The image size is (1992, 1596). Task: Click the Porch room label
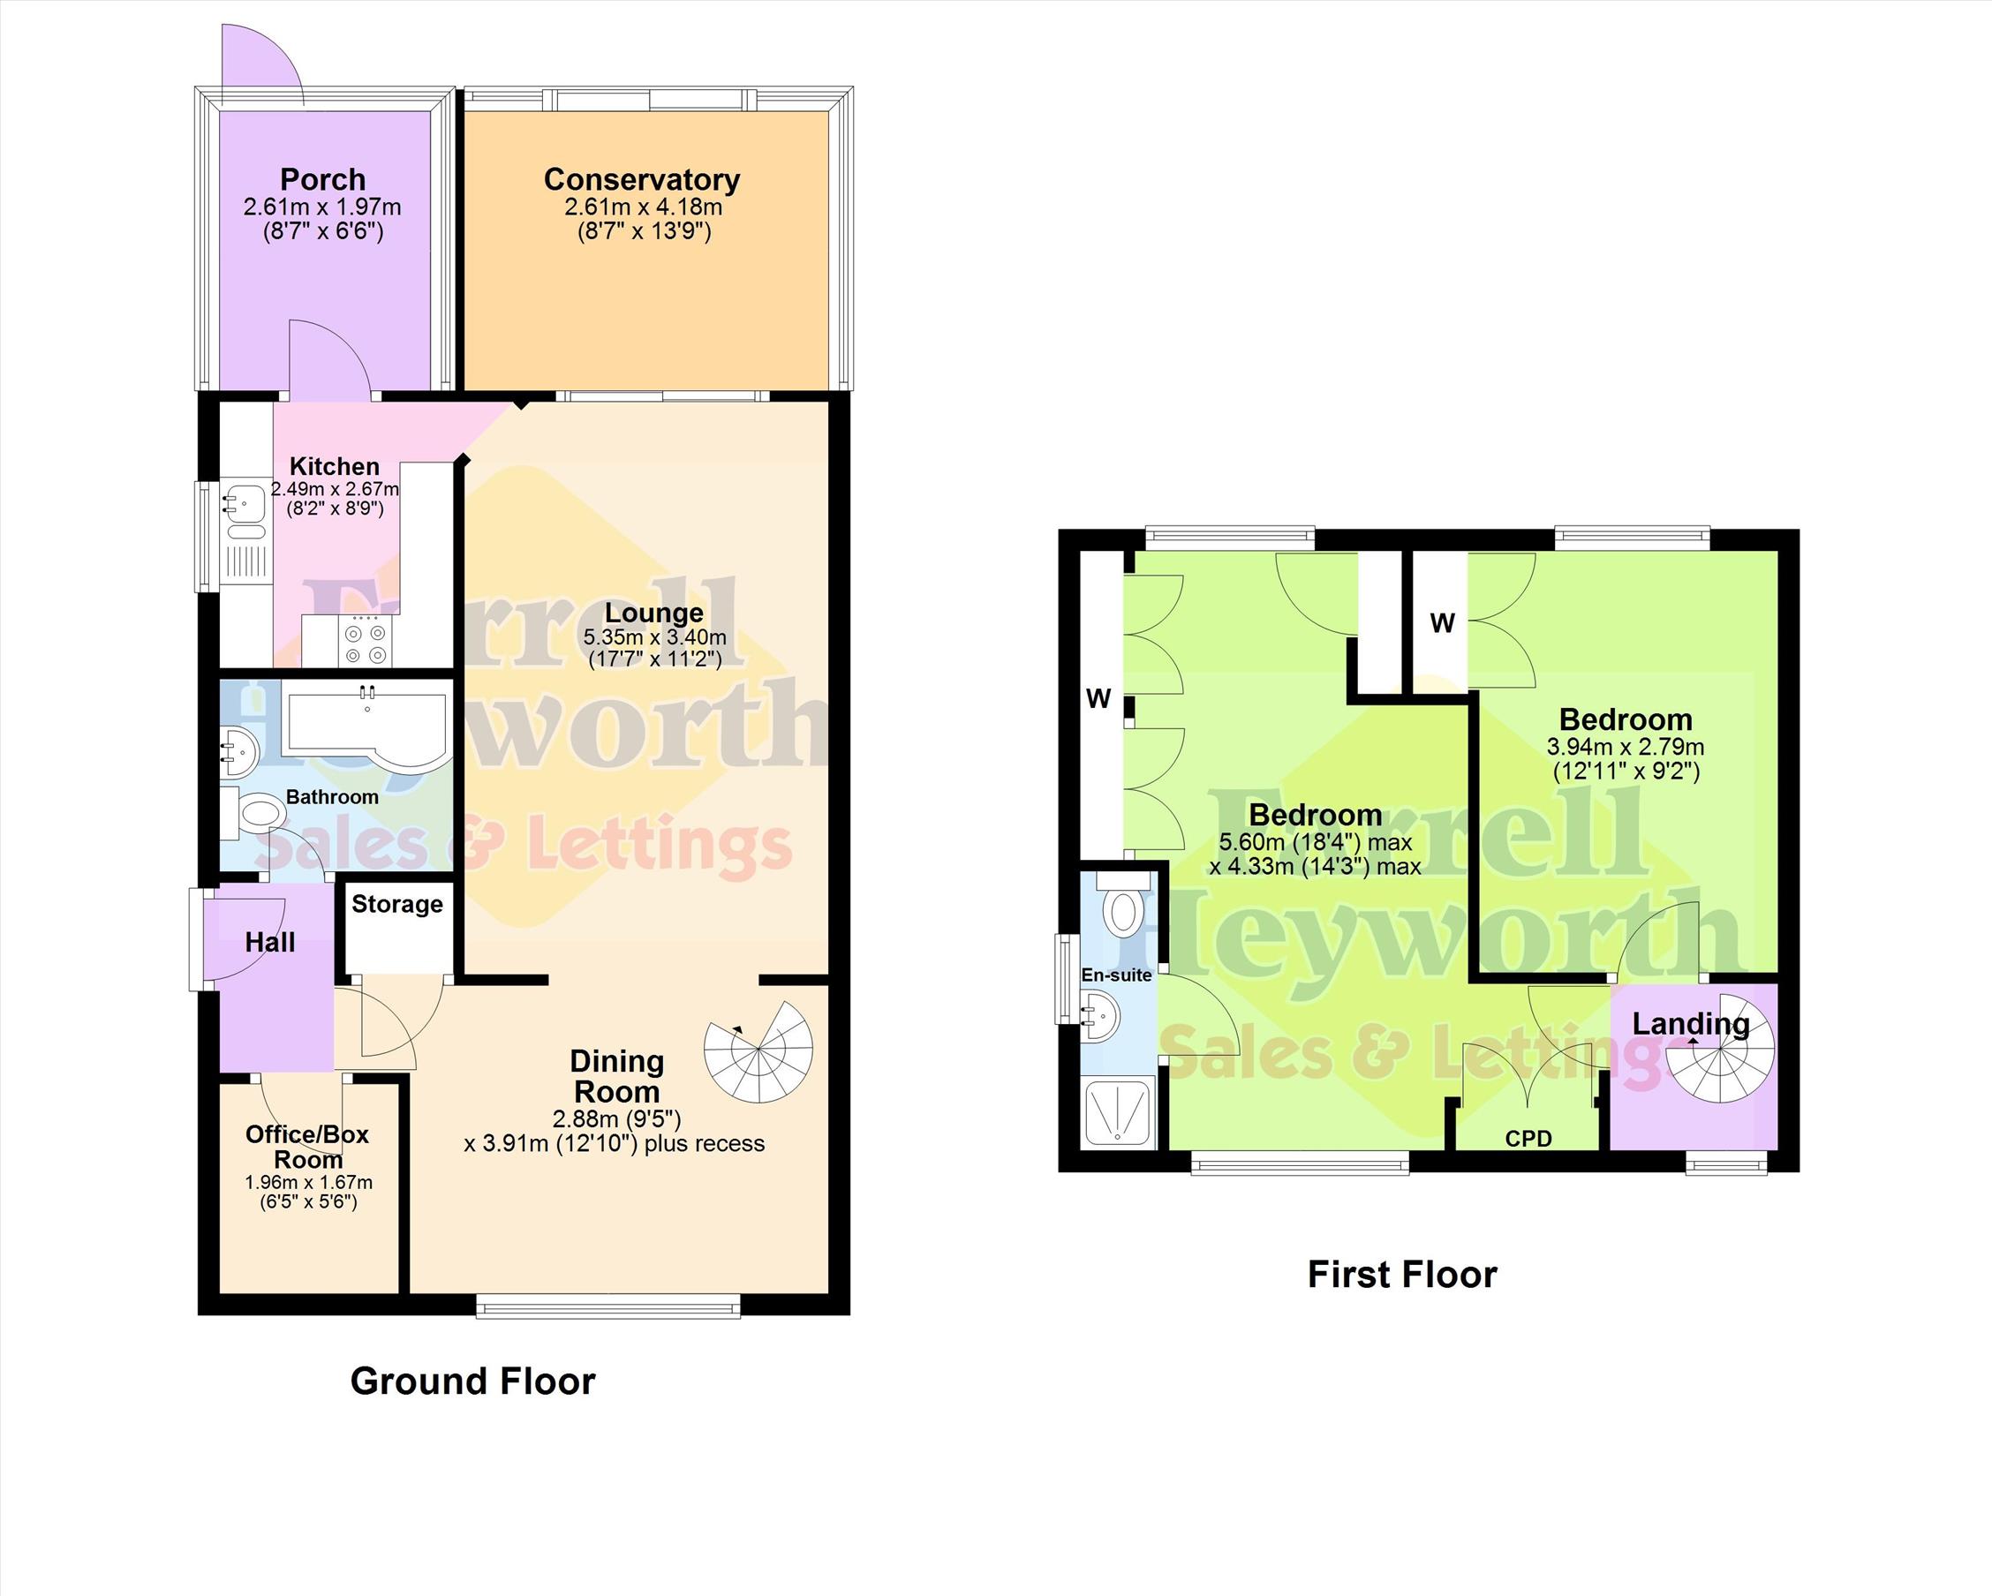322,179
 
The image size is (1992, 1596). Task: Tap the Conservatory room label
642,179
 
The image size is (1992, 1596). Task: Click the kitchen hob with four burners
365,641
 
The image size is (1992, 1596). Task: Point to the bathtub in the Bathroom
366,726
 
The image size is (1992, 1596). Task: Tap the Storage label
397,904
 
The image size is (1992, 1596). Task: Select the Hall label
270,942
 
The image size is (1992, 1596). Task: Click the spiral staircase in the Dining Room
758,1051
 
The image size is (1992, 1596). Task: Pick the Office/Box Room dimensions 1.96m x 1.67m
308,1182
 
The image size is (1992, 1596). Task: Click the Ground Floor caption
473,1381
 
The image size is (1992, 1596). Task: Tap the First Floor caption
1401,1275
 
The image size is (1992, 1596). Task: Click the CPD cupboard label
1528,1139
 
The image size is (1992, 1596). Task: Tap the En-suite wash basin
1100,1016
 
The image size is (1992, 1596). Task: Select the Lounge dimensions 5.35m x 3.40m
654,637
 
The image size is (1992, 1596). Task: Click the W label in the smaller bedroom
1442,623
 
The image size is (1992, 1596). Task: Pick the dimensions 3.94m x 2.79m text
1626,746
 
